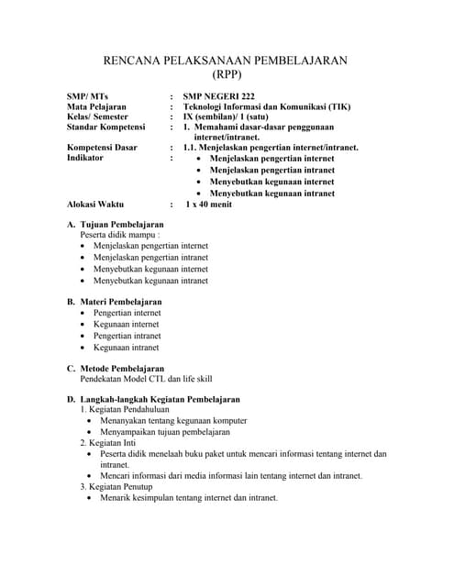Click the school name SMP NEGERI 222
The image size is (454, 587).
coord(219,96)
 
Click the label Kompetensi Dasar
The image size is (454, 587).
coord(103,148)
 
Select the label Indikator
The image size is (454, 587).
coord(85,158)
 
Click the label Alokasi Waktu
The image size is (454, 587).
coord(95,204)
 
